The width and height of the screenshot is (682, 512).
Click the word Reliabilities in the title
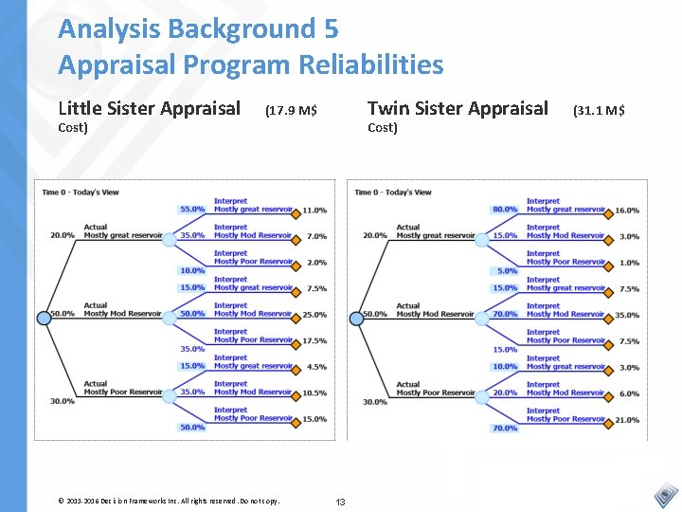(370, 64)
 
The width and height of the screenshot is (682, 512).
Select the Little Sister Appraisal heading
(149, 108)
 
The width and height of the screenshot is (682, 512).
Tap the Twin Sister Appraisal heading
(458, 108)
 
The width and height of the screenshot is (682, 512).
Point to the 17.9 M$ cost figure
(291, 111)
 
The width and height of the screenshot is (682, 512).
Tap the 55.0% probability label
(192, 210)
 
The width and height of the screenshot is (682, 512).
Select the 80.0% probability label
(505, 210)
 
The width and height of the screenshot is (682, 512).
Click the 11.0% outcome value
(315, 210)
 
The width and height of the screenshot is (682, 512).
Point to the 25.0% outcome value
(315, 315)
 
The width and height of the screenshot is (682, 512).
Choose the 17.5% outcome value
(315, 341)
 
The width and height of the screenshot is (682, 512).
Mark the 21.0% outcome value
(627, 420)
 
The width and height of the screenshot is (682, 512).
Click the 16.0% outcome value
(627, 210)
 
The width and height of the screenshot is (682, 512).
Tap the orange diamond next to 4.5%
(296, 367)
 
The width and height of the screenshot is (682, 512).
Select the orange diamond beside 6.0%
(609, 393)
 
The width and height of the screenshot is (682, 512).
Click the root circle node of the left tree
(43, 319)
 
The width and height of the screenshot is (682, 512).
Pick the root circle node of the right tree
(356, 319)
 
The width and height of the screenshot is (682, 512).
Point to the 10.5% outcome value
(315, 393)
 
